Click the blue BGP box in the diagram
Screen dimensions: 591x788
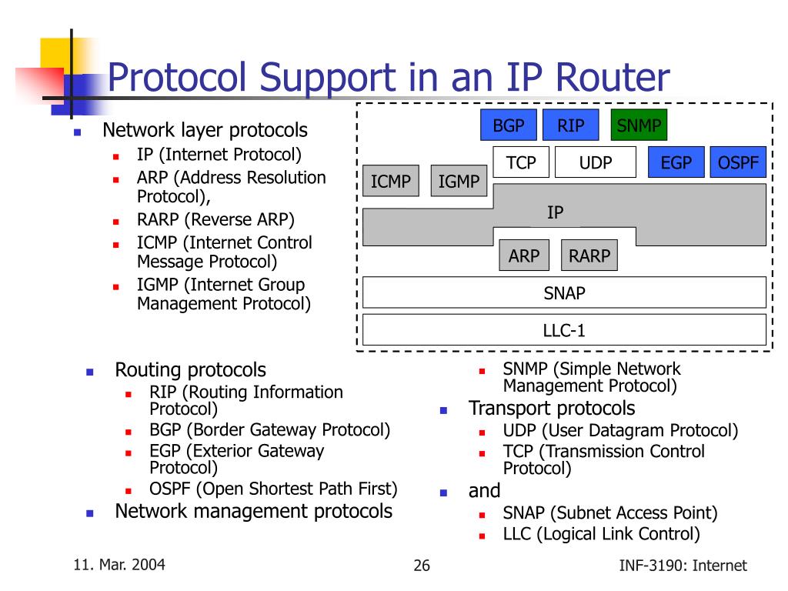click(x=509, y=125)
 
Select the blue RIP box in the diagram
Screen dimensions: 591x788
click(x=570, y=125)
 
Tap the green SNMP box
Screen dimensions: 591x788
click(x=639, y=125)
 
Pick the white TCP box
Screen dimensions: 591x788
click(x=520, y=162)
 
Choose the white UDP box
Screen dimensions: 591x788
click(x=596, y=162)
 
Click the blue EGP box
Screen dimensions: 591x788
click(x=676, y=162)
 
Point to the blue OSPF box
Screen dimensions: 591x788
click(x=738, y=162)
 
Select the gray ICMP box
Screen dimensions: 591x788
click(x=391, y=181)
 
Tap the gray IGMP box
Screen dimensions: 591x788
click(x=459, y=181)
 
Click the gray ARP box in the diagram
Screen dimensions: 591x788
click(x=524, y=255)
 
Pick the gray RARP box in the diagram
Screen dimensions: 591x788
click(x=589, y=255)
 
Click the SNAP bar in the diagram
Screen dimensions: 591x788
click(x=564, y=292)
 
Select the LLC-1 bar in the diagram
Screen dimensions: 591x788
click(x=564, y=330)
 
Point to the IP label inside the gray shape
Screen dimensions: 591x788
click(x=555, y=212)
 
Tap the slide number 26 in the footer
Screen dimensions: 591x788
click(x=422, y=566)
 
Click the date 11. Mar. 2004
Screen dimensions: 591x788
click(x=119, y=565)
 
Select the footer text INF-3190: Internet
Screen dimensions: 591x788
click(x=683, y=566)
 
